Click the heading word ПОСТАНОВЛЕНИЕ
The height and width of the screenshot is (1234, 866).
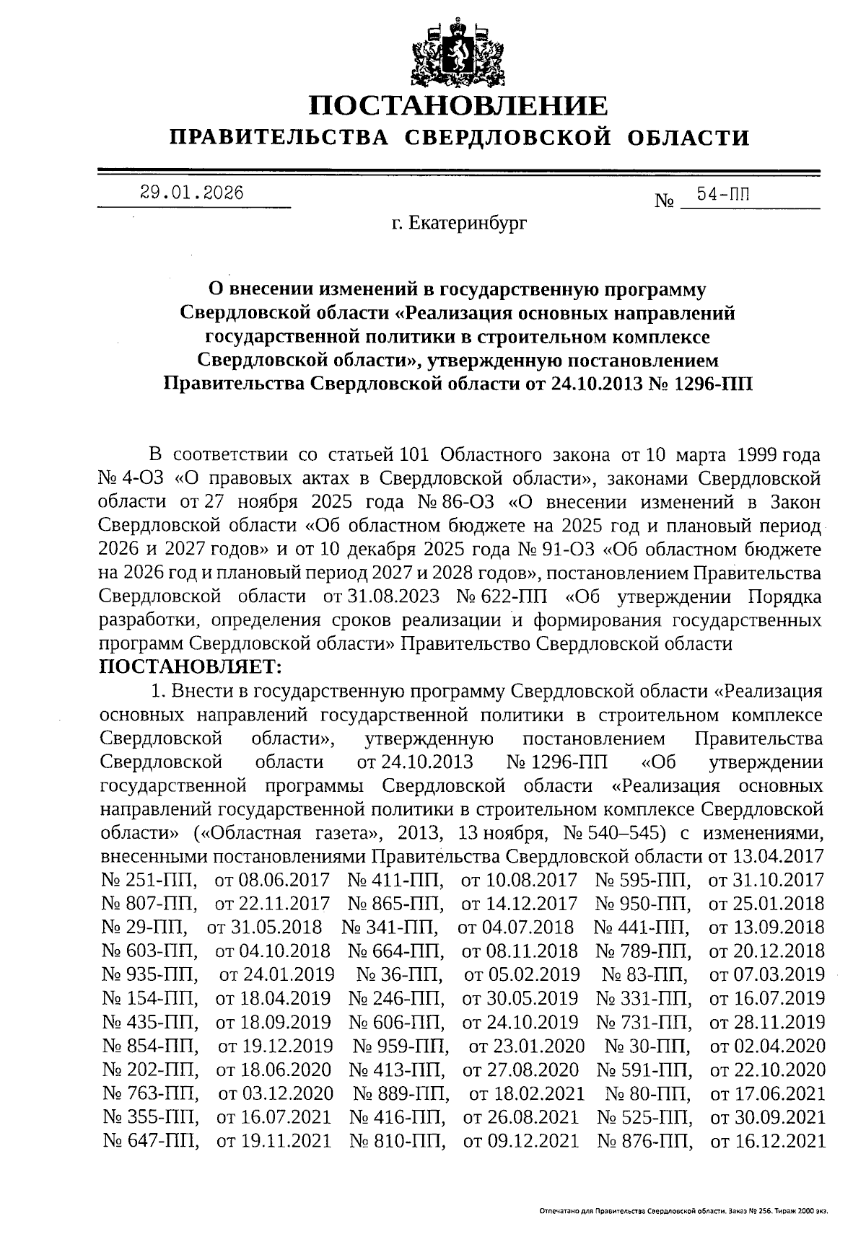coord(458,107)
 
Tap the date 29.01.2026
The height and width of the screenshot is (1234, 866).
coord(192,193)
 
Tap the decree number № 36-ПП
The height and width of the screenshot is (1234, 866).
coord(400,975)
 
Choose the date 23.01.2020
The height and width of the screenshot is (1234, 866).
coord(526,1046)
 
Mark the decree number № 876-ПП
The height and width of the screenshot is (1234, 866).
coord(644,1142)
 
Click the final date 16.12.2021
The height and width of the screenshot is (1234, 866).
coord(768,1142)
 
